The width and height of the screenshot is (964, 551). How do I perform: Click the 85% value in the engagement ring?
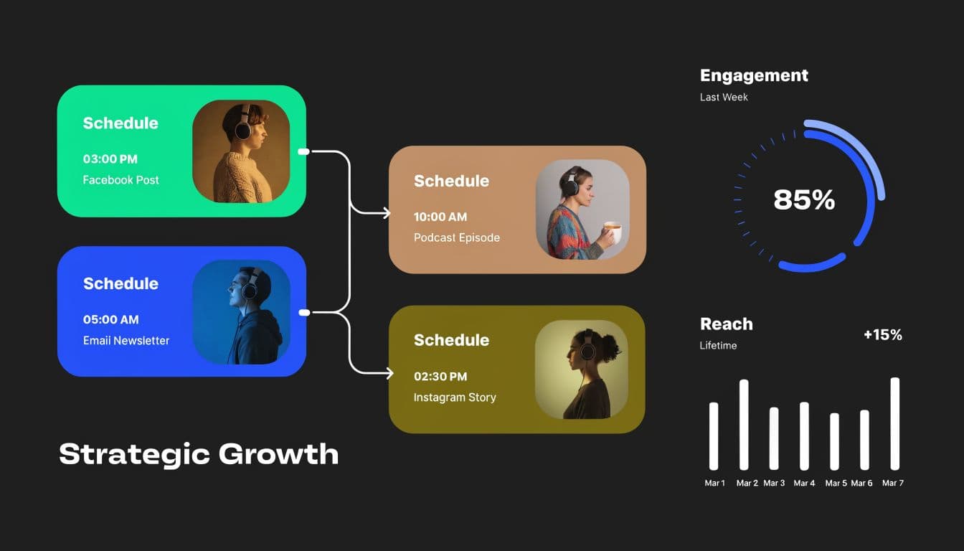[804, 199]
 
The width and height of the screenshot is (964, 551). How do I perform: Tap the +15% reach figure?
[882, 334]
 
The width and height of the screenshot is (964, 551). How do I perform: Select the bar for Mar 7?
[894, 423]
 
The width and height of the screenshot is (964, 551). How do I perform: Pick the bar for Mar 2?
[744, 425]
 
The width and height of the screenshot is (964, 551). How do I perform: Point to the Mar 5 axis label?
[836, 483]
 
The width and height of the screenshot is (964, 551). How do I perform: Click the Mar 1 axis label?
[714, 483]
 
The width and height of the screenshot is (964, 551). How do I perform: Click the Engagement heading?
[754, 75]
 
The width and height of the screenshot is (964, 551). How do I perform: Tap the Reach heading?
[726, 324]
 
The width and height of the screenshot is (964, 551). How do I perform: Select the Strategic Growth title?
[199, 454]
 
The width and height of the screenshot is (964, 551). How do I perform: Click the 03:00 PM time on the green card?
[110, 159]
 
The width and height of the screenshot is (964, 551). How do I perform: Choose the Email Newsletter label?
[126, 340]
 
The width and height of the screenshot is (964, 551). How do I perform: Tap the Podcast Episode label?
[457, 237]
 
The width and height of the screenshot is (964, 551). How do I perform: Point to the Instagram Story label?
[455, 397]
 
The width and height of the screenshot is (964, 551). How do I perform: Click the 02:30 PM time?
[440, 376]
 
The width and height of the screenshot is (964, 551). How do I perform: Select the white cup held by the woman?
[613, 231]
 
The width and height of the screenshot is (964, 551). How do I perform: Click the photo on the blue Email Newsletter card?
[241, 312]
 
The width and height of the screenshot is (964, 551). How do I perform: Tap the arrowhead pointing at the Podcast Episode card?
[387, 213]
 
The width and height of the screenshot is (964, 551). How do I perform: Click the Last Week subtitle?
[724, 97]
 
